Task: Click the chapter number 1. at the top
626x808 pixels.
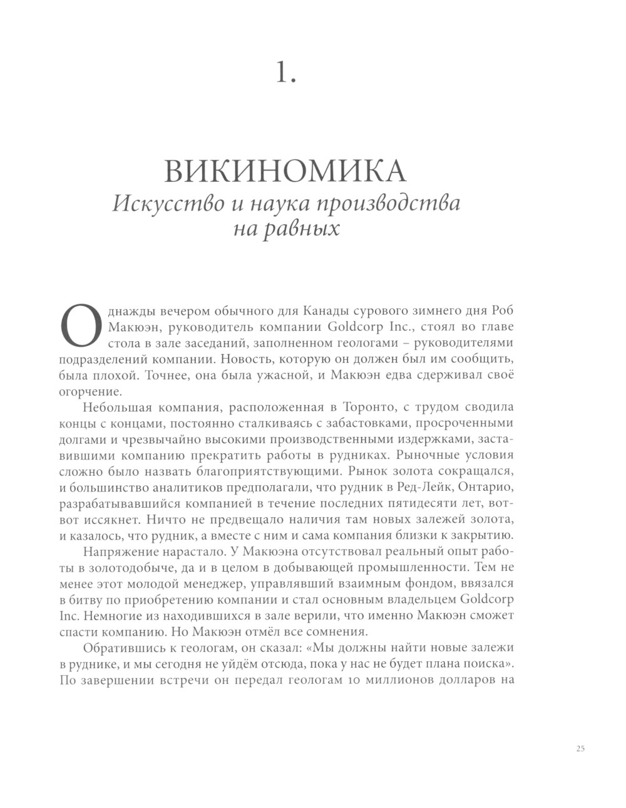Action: pos(285,73)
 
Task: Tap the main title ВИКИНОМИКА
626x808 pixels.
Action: pos(284,171)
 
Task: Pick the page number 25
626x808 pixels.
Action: pos(579,748)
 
